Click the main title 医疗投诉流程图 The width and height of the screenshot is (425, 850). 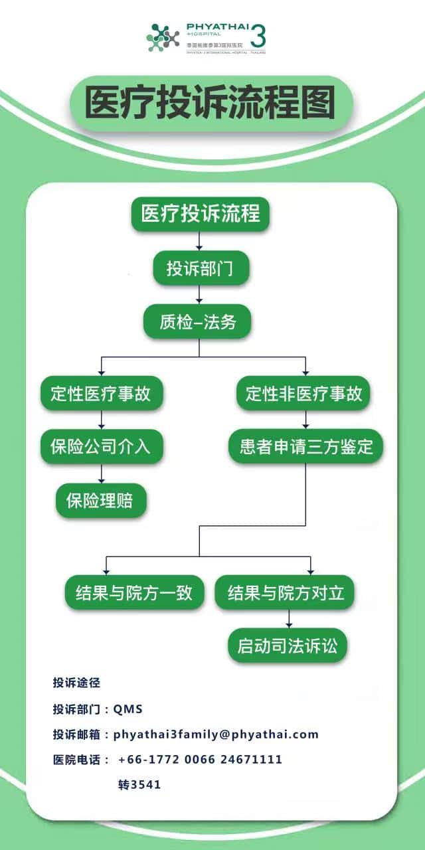click(x=211, y=103)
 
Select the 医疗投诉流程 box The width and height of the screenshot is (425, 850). click(x=200, y=214)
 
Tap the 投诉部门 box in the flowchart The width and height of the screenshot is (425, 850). click(x=199, y=268)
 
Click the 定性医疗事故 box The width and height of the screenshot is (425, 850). click(x=101, y=393)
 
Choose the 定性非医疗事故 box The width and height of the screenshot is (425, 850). click(x=304, y=393)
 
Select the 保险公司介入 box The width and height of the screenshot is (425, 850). click(x=101, y=446)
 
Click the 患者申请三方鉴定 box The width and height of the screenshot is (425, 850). click(x=306, y=446)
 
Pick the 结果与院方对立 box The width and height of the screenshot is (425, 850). click(x=286, y=592)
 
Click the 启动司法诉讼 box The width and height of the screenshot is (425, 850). click(x=288, y=646)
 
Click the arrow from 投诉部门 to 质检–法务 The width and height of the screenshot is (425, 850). click(x=199, y=295)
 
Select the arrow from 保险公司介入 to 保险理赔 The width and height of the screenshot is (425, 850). click(x=102, y=473)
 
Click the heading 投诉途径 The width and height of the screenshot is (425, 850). click(x=76, y=682)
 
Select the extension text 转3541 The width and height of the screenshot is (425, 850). click(x=139, y=784)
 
